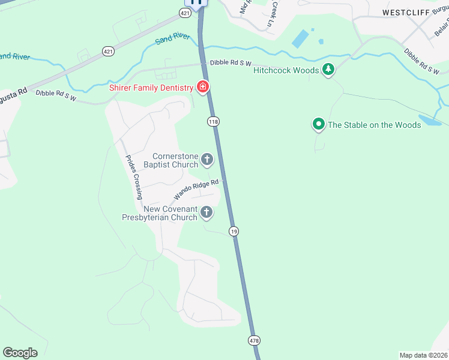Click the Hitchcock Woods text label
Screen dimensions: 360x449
[286, 70]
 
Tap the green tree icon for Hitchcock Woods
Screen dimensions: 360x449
[328, 70]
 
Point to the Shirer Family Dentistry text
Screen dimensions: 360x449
[151, 88]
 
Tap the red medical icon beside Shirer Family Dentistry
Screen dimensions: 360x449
[203, 88]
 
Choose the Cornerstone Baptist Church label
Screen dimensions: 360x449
[175, 160]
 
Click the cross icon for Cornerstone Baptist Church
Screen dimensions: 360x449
[207, 160]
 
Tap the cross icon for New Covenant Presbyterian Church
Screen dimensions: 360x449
[206, 212]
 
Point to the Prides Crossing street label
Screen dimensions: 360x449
[133, 177]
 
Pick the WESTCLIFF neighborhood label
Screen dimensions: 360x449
[406, 12]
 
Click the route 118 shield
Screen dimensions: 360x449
[213, 122]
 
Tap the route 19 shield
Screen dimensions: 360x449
[234, 231]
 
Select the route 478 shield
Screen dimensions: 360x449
[253, 340]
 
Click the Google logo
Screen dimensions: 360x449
[20, 353]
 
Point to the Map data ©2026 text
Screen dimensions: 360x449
[423, 355]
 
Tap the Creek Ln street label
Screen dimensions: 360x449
[271, 13]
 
